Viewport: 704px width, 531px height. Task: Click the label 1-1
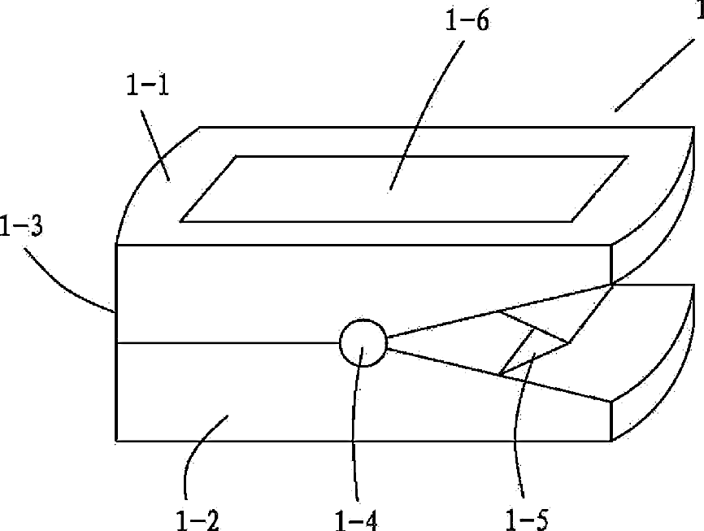click(147, 84)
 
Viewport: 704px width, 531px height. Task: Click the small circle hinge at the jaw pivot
click(363, 345)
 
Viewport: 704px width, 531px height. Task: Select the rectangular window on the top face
click(404, 189)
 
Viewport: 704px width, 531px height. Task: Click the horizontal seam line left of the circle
click(228, 344)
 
